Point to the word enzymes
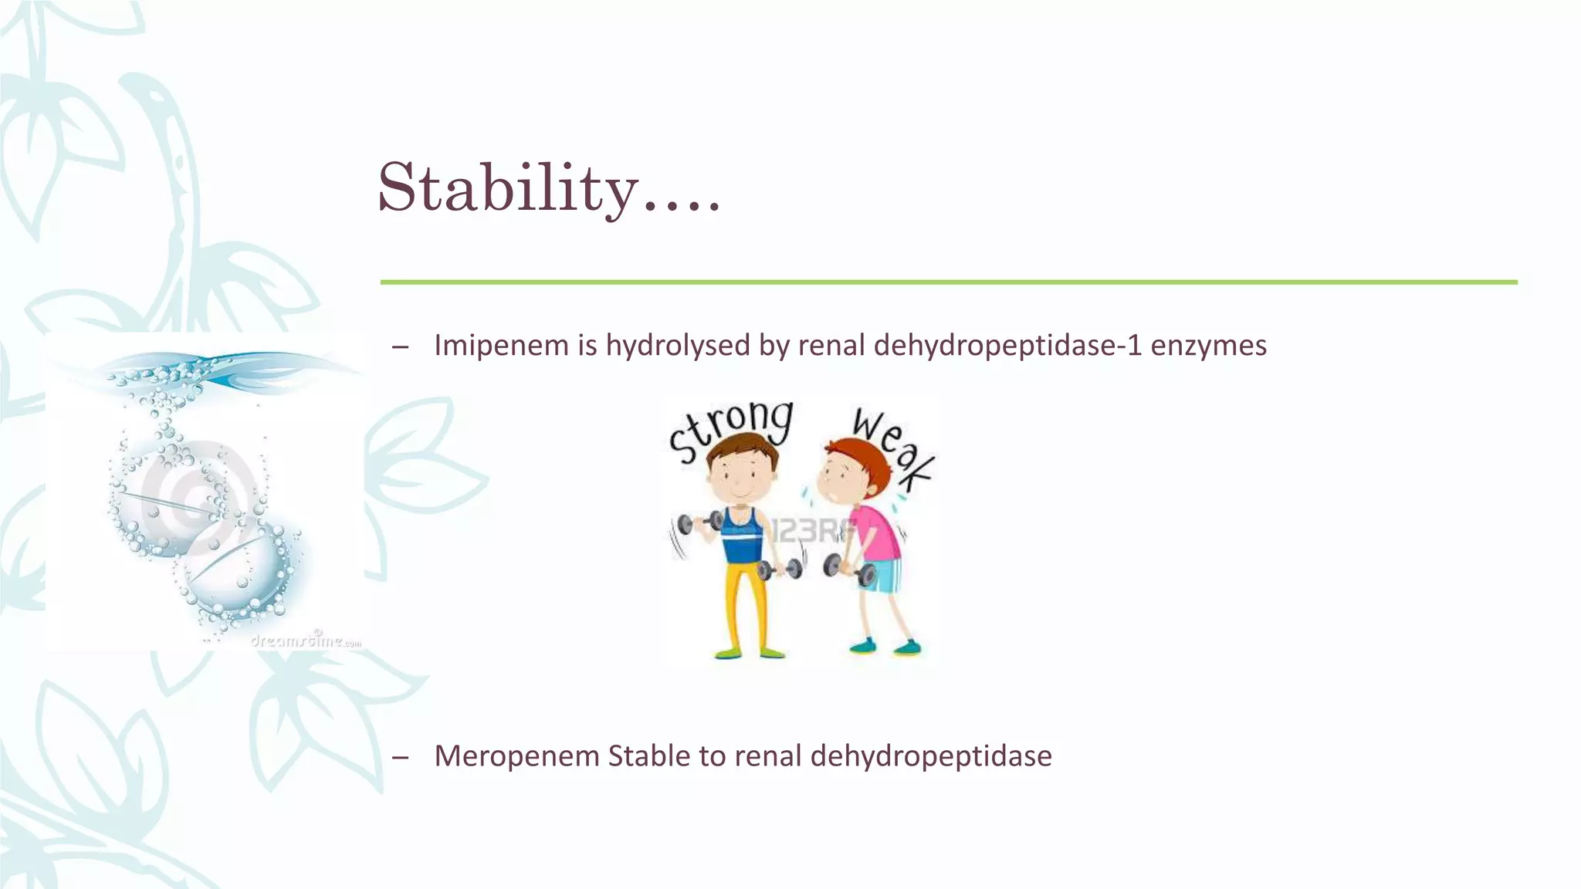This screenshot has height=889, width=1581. click(1208, 345)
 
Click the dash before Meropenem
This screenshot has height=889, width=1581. click(400, 757)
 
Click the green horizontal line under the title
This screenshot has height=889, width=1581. click(948, 282)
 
